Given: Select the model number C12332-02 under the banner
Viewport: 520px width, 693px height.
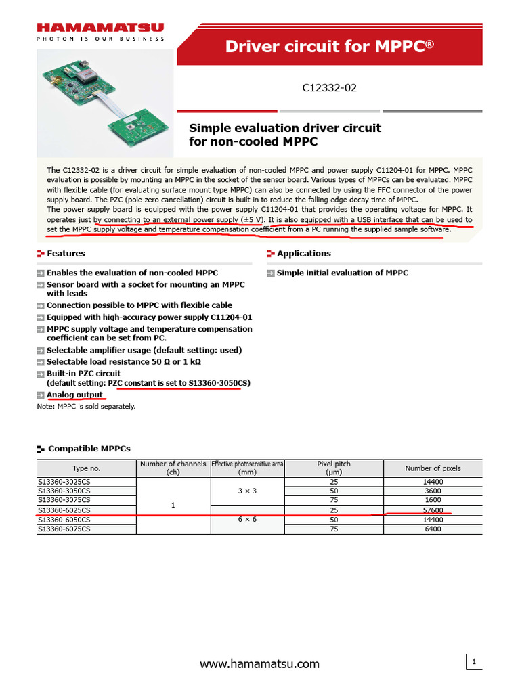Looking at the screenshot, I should point(329,88).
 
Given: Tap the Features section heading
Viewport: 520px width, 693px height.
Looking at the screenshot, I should point(66,254).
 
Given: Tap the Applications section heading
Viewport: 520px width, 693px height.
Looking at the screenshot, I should point(303,254).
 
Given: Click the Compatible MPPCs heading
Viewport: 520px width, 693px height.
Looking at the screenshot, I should point(89,449).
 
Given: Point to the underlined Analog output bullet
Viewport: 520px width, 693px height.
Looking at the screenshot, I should point(74,395).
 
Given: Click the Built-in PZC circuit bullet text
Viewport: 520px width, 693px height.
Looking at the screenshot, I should point(83,373).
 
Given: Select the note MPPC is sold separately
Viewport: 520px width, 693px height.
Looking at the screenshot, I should point(86,407).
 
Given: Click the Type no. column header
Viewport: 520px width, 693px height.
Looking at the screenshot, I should point(86,468).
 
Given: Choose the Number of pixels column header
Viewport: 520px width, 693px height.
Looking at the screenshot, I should point(432,468).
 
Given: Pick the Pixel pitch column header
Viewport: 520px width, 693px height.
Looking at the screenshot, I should point(334,468).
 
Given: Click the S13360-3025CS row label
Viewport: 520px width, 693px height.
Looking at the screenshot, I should point(64,482).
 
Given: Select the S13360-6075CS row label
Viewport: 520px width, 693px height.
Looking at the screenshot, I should point(64,529).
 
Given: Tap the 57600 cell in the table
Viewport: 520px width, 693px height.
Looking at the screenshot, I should point(433,510).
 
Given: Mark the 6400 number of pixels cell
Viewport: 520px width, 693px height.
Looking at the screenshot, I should point(433,529).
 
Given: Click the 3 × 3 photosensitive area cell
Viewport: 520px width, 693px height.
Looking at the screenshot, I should point(247,491).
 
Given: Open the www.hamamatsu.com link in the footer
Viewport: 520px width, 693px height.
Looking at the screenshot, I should point(259,664).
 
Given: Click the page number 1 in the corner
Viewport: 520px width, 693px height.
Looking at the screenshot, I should point(475,661).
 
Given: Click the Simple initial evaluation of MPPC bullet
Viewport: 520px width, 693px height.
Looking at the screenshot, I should point(342,273).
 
